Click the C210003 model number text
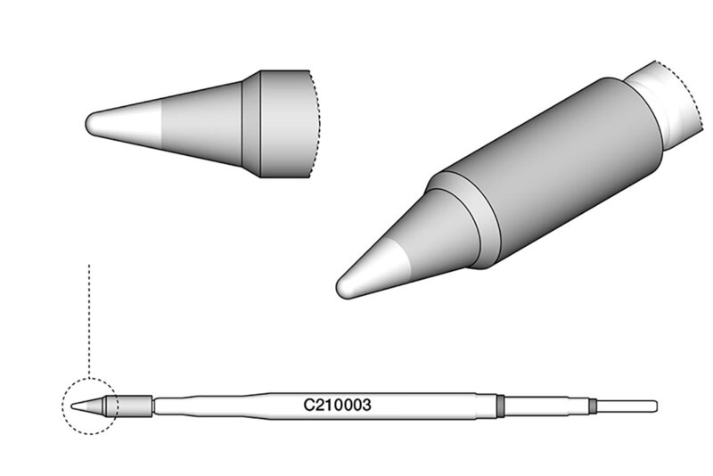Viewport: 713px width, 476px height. point(337,405)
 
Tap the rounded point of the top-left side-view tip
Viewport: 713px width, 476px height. point(86,123)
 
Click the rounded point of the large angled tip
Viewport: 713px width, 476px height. point(340,288)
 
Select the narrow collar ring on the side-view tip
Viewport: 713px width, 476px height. point(251,123)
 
